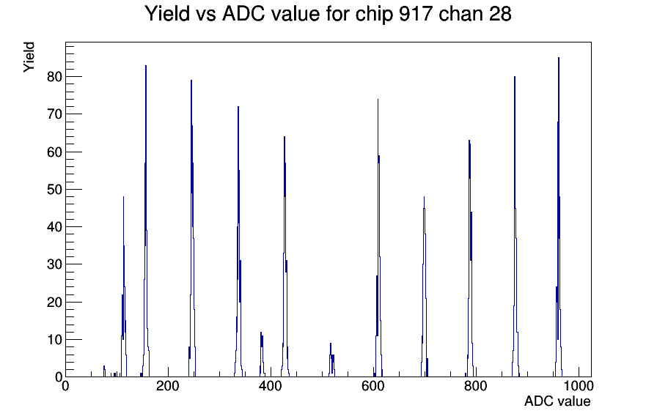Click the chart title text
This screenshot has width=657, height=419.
click(x=328, y=14)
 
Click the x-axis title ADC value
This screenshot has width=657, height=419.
click(x=557, y=401)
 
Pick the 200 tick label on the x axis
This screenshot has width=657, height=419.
click(x=168, y=387)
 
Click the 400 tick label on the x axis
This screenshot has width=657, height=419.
click(x=271, y=387)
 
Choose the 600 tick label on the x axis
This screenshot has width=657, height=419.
click(x=373, y=387)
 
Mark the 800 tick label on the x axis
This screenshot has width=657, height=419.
click(x=476, y=387)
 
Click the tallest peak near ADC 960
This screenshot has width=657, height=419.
click(x=559, y=59)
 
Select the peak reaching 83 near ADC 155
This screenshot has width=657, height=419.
click(x=146, y=67)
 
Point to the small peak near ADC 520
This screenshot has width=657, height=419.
click(x=331, y=344)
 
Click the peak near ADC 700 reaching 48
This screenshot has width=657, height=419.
click(x=424, y=198)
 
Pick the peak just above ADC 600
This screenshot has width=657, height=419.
click(x=378, y=100)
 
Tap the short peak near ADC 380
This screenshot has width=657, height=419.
click(x=260, y=333)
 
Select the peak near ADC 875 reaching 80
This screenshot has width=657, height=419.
click(x=514, y=78)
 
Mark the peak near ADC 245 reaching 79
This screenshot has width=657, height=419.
click(x=191, y=81)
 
